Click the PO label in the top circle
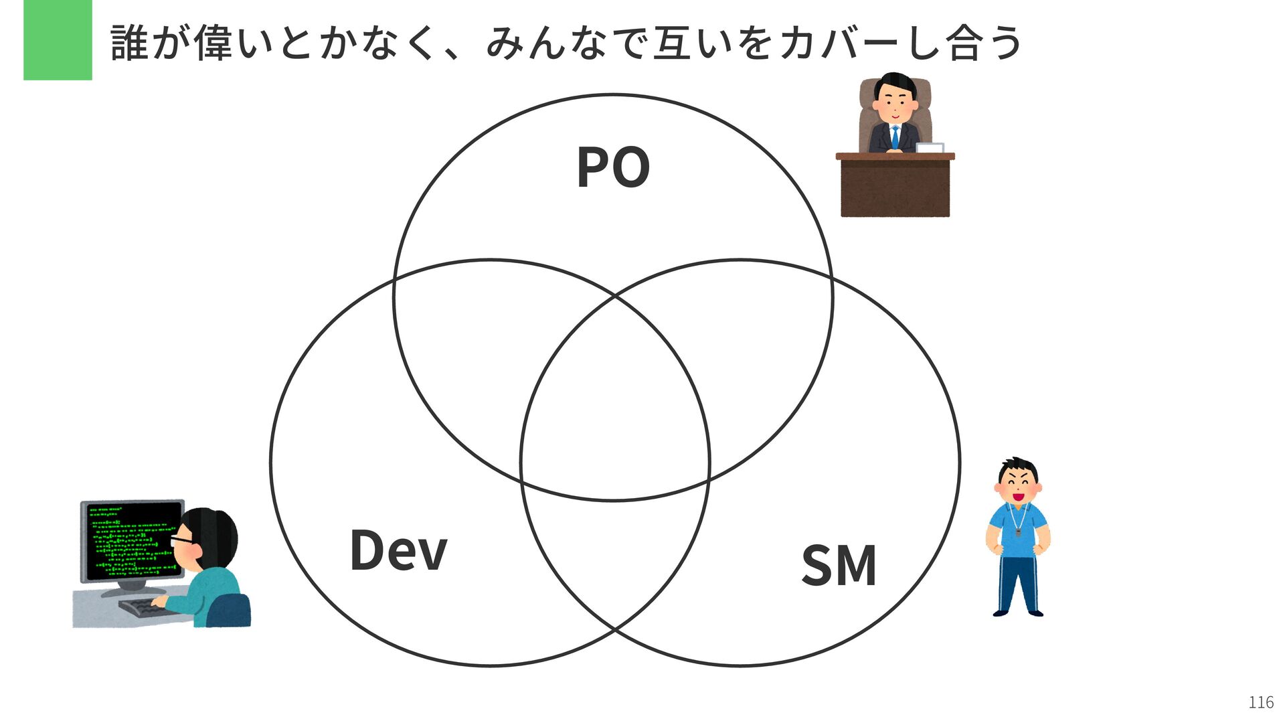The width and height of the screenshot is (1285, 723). pos(613,167)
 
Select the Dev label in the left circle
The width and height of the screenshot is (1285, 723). pos(398,550)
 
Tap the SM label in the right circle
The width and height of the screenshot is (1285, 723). pos(839,566)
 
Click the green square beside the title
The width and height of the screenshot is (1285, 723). pos(58,40)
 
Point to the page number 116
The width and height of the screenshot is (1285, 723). pos(1261,702)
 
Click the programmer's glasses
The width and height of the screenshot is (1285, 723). pos(181,540)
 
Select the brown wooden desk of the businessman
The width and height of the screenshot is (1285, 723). pos(895,187)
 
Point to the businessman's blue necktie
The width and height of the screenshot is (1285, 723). pos(895,137)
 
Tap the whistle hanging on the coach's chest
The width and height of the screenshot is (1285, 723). pos(1018,533)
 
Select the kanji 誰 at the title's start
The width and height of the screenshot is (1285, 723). pos(129,43)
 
